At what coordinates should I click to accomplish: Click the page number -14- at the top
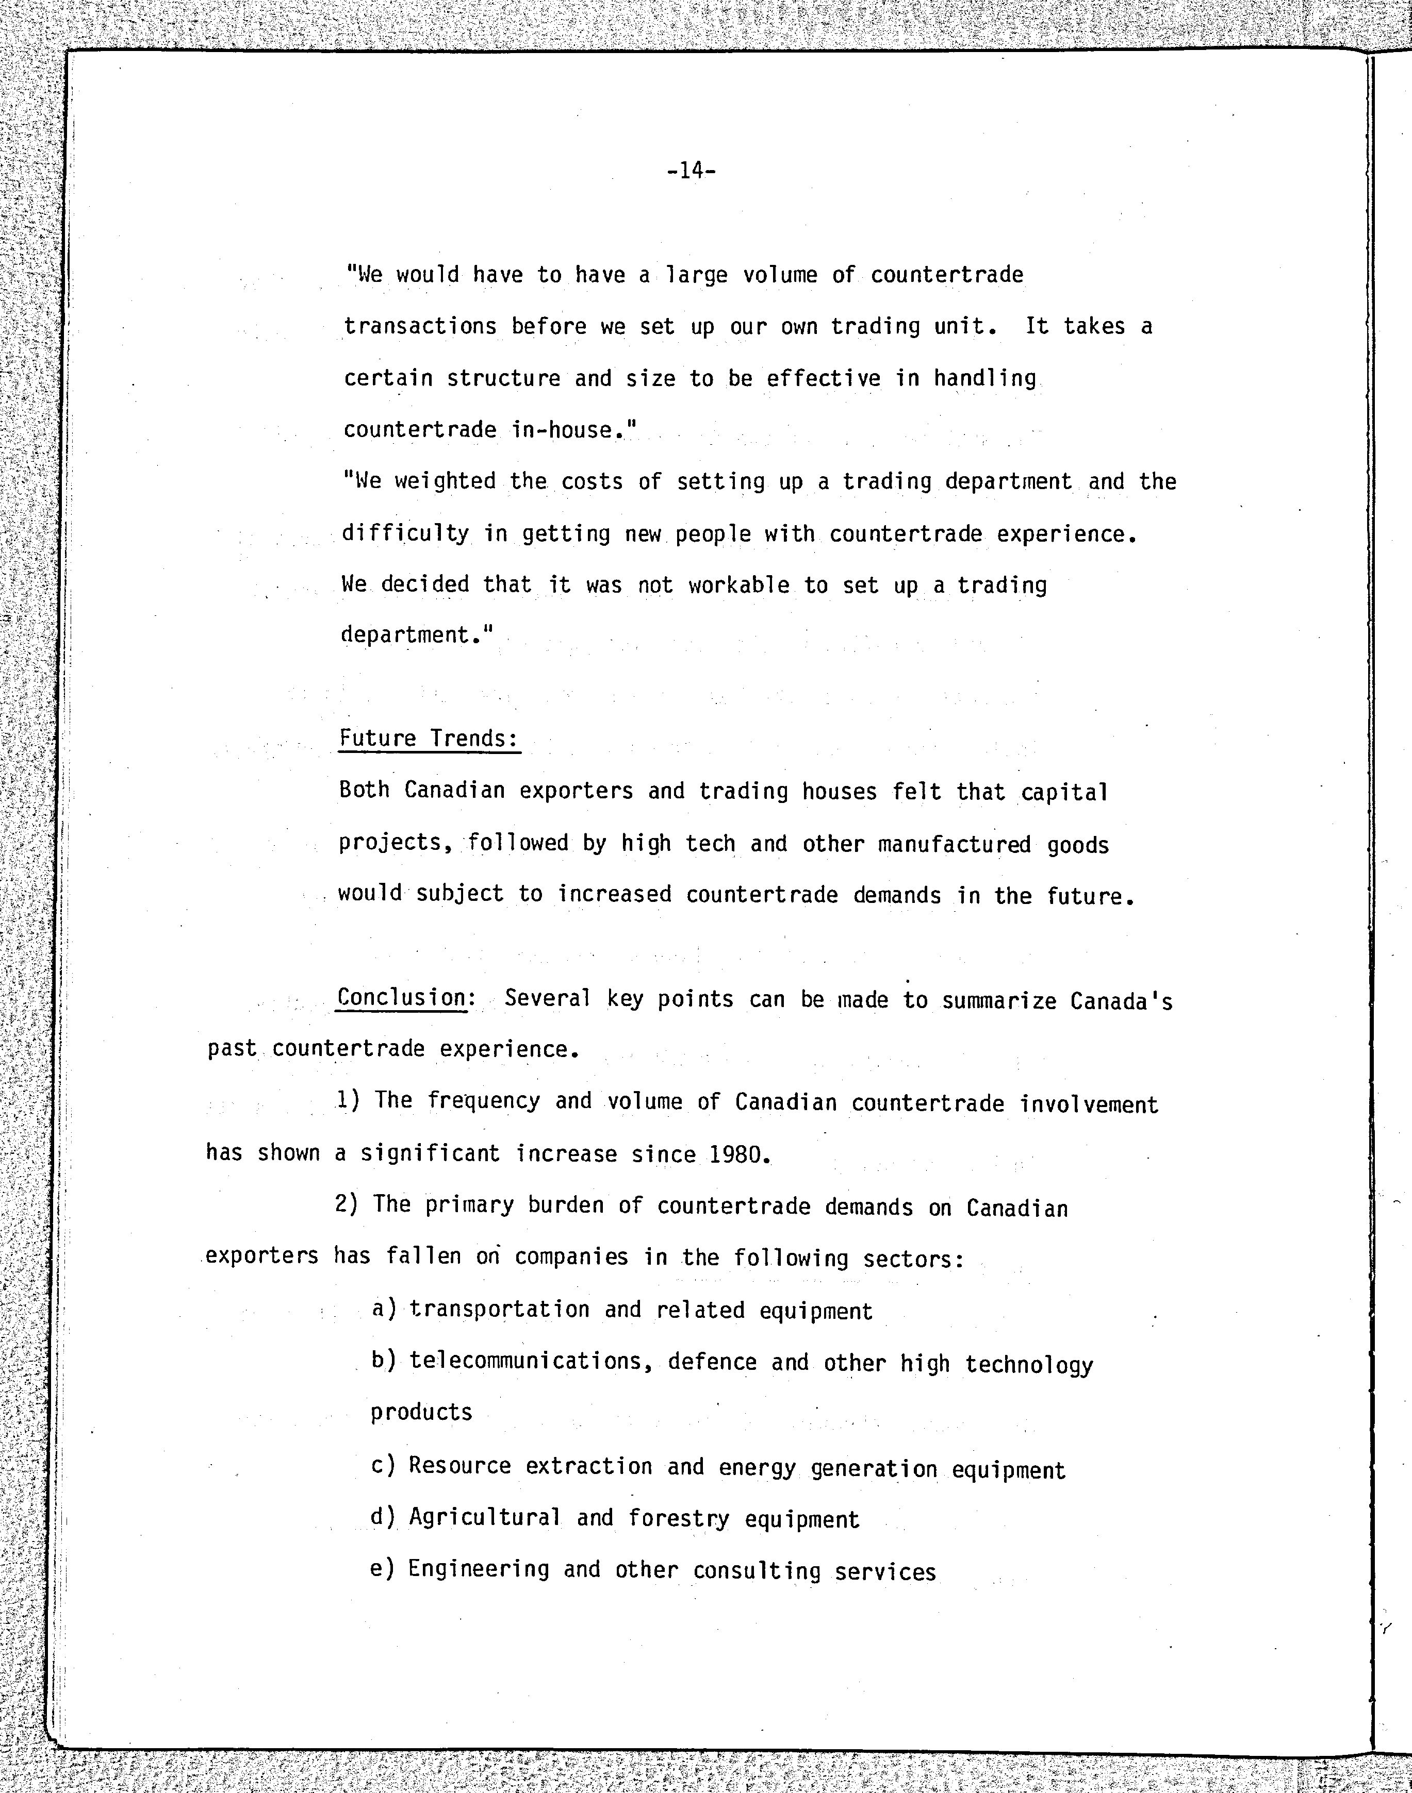pos(691,171)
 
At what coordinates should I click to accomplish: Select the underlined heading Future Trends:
pos(429,738)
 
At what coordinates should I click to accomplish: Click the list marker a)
pos(384,1309)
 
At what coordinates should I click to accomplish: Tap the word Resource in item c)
pos(459,1465)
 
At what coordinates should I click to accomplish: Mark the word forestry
pos(678,1519)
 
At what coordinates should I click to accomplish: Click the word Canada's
pos(1121,1001)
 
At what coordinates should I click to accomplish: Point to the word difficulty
pos(405,534)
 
